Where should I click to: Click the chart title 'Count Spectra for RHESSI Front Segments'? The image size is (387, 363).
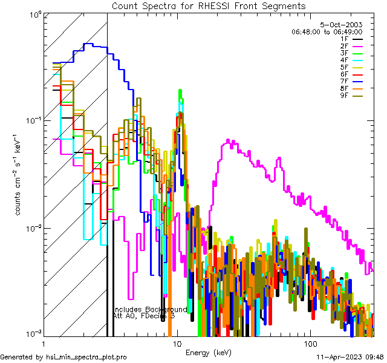pos(209,6)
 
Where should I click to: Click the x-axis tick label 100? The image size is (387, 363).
pos(310,344)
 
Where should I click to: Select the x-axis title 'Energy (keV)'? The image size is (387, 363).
pos(209,353)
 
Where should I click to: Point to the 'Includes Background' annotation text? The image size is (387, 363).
pos(149,309)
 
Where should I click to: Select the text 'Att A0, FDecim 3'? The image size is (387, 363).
pos(144,316)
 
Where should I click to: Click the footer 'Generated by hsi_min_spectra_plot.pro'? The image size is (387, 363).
pos(63,357)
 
